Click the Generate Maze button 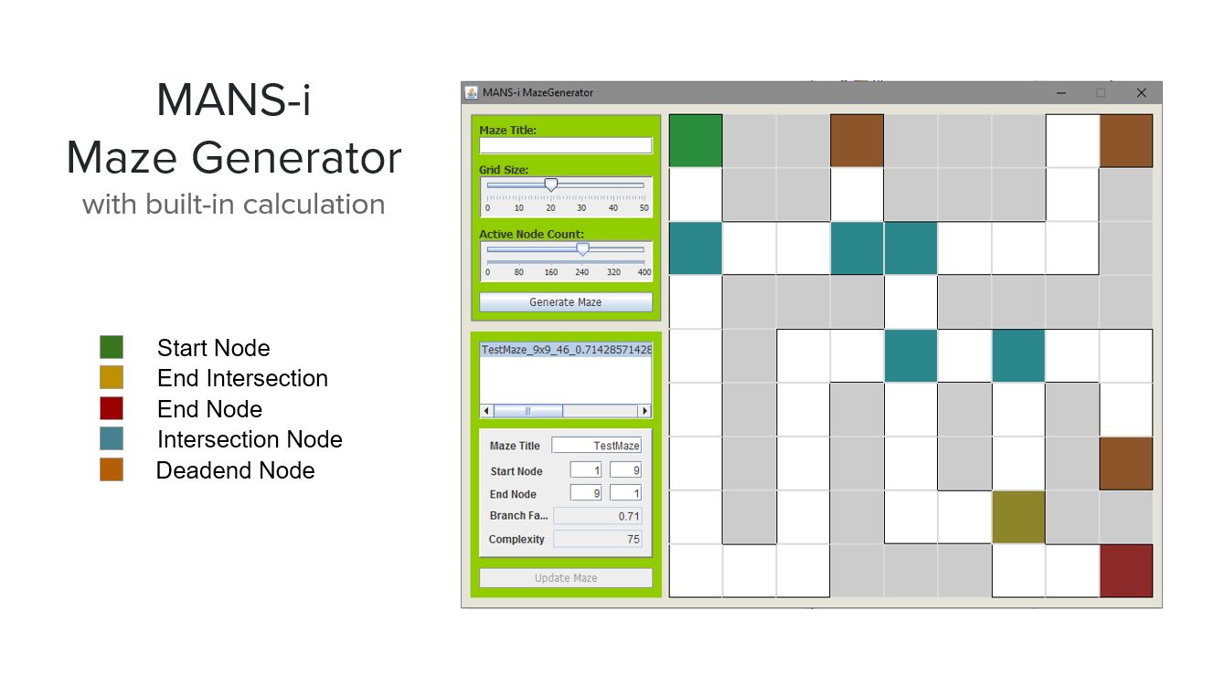pyautogui.click(x=566, y=302)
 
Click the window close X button pyautogui.click(x=1141, y=93)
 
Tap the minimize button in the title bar pyautogui.click(x=1061, y=93)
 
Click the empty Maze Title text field pyautogui.click(x=566, y=146)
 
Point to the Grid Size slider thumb pyautogui.click(x=551, y=185)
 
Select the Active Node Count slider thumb pyautogui.click(x=583, y=249)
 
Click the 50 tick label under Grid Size pyautogui.click(x=644, y=208)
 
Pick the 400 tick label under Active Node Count pyautogui.click(x=644, y=272)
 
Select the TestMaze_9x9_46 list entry pyautogui.click(x=566, y=349)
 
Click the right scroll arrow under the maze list pyautogui.click(x=644, y=411)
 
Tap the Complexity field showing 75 pyautogui.click(x=598, y=539)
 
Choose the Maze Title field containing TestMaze pyautogui.click(x=596, y=446)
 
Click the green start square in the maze pyautogui.click(x=696, y=141)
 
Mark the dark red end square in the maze pyautogui.click(x=1126, y=571)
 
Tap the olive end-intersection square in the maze pyautogui.click(x=1018, y=517)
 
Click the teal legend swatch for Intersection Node pyautogui.click(x=112, y=438)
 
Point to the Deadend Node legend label pyautogui.click(x=236, y=470)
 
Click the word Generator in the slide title pyautogui.click(x=296, y=158)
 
